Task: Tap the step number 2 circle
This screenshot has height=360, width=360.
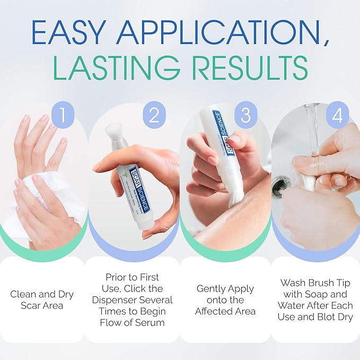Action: (x=154, y=116)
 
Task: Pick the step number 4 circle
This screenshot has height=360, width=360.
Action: (x=337, y=116)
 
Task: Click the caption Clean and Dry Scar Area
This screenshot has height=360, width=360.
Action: (x=41, y=299)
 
